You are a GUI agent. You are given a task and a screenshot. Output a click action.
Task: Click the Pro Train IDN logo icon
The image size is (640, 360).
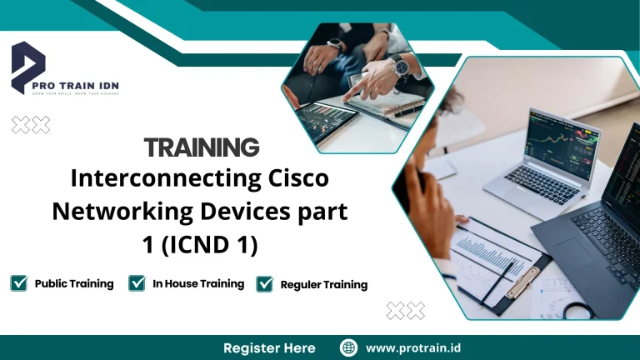point(29,66)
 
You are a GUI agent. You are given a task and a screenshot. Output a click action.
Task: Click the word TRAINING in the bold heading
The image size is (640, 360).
point(202,147)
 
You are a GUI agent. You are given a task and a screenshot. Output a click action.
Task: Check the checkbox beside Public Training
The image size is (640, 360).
point(18,283)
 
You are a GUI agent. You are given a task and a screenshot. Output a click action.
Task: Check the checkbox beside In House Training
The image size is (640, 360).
point(137,283)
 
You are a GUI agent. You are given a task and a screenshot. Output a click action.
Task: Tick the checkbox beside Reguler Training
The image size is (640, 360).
point(265,284)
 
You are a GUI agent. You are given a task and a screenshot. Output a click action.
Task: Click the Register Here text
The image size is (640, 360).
point(269,347)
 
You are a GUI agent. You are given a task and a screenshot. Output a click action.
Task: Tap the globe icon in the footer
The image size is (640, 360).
point(349,347)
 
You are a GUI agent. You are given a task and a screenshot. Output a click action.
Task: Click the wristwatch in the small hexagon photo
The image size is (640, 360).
point(401,66)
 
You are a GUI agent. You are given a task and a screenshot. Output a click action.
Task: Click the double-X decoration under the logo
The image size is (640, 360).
point(31,125)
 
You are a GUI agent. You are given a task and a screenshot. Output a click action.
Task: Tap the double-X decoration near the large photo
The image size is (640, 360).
point(406,311)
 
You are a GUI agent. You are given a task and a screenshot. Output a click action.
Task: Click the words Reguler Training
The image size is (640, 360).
point(323,285)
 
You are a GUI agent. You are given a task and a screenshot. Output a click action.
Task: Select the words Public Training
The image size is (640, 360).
point(74,283)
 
